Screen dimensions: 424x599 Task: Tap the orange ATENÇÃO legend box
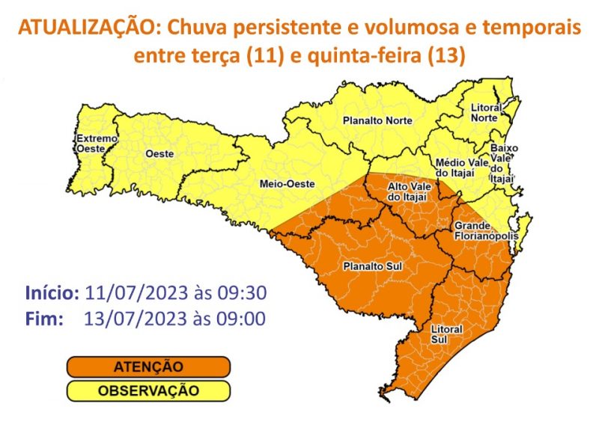(x=148, y=367)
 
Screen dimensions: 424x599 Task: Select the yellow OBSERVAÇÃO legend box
(x=148, y=390)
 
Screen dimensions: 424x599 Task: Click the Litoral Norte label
(x=486, y=113)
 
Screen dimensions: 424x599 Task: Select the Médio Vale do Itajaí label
(x=461, y=168)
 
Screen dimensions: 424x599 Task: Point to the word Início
(x=52, y=292)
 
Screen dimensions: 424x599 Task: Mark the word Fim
(x=43, y=319)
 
